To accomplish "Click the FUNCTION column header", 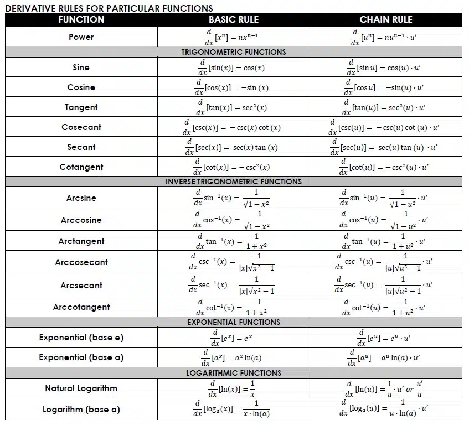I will click(x=81, y=19).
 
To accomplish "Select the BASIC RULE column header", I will click(x=233, y=19).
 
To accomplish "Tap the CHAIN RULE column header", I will click(x=385, y=19).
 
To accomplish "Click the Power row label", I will click(x=81, y=37).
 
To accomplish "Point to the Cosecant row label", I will click(x=81, y=127).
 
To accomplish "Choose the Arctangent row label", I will click(x=81, y=241).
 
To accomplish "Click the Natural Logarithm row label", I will click(x=81, y=388).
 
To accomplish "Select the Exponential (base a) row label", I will click(x=81, y=357).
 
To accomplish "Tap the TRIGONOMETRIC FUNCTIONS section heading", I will click(x=233, y=52).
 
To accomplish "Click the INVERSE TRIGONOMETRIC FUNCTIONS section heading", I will click(x=233, y=182).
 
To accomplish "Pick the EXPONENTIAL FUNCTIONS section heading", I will click(x=233, y=322).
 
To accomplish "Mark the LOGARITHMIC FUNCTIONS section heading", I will click(x=233, y=373).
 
